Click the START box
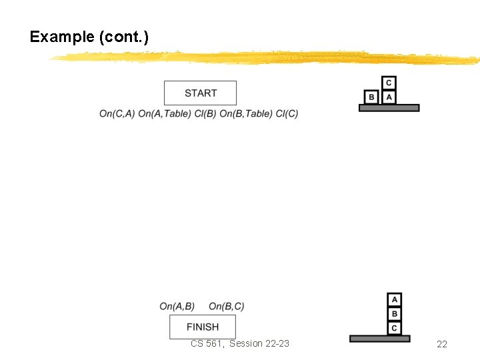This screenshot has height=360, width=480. (200, 93)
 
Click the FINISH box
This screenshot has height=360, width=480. (203, 327)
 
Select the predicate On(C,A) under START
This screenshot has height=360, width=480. (117, 113)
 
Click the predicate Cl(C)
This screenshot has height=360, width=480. (287, 113)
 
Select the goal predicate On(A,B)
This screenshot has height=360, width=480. (177, 307)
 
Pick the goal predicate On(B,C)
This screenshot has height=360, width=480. (227, 307)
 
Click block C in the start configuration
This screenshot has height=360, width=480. (389, 83)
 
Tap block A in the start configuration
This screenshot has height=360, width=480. (389, 97)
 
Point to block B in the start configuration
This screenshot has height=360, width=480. (372, 97)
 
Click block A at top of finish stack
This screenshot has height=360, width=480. (395, 300)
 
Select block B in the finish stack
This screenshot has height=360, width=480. (395, 314)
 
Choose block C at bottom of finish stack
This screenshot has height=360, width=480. (395, 328)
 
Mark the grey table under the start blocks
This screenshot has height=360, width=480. (389, 108)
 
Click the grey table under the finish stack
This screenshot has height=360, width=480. (380, 339)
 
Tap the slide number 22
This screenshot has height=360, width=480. (441, 344)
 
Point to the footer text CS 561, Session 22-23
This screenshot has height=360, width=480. (240, 343)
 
